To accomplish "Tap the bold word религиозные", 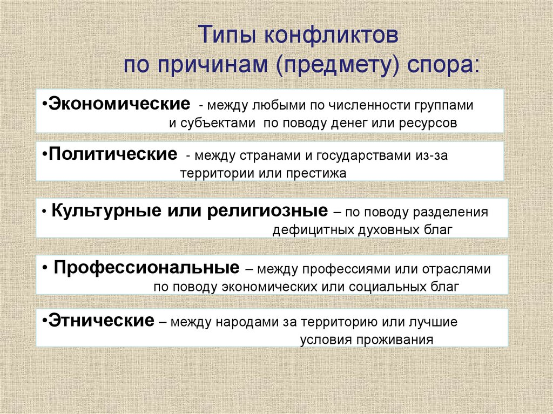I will click(x=267, y=211).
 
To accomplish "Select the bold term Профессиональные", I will click(x=147, y=268).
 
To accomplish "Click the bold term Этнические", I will click(x=101, y=322).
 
